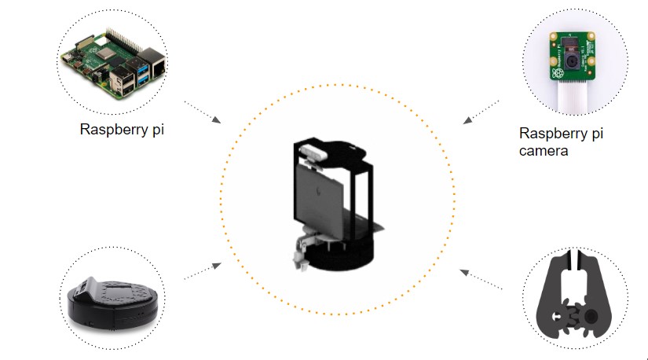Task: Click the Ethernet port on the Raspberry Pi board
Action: [155, 64]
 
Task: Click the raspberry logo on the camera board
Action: [558, 73]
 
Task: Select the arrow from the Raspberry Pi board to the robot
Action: [202, 112]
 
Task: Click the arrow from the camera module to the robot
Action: [481, 111]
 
